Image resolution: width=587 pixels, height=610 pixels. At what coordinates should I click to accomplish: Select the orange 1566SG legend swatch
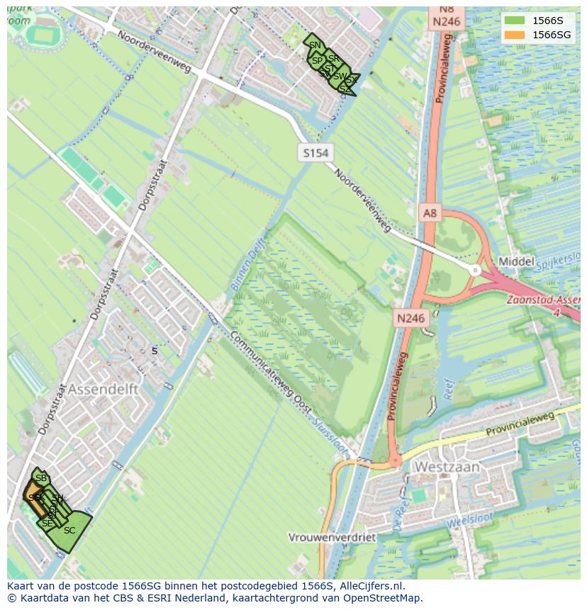pyautogui.click(x=515, y=35)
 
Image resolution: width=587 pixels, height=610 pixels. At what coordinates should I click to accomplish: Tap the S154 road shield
pyautogui.click(x=315, y=153)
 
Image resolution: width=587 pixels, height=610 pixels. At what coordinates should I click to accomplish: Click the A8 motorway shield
pyautogui.click(x=430, y=213)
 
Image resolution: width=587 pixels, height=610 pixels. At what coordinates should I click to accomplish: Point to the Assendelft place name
pyautogui.click(x=104, y=390)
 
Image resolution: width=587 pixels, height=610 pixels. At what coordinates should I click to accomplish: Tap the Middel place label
pyautogui.click(x=516, y=261)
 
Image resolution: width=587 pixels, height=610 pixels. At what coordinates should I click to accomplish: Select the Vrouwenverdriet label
pyautogui.click(x=332, y=537)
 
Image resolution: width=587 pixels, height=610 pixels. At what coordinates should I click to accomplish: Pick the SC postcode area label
pyautogui.click(x=69, y=531)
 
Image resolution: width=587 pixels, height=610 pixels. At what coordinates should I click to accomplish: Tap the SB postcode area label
pyautogui.click(x=40, y=478)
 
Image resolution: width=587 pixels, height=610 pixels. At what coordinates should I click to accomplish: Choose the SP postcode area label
pyautogui.click(x=317, y=61)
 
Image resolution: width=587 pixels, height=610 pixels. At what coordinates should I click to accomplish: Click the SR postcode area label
pyautogui.click(x=333, y=58)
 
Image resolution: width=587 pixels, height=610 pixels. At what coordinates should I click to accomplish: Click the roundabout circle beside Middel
pyautogui.click(x=475, y=270)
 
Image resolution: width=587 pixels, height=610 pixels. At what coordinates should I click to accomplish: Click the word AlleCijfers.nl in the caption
pyautogui.click(x=371, y=586)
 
